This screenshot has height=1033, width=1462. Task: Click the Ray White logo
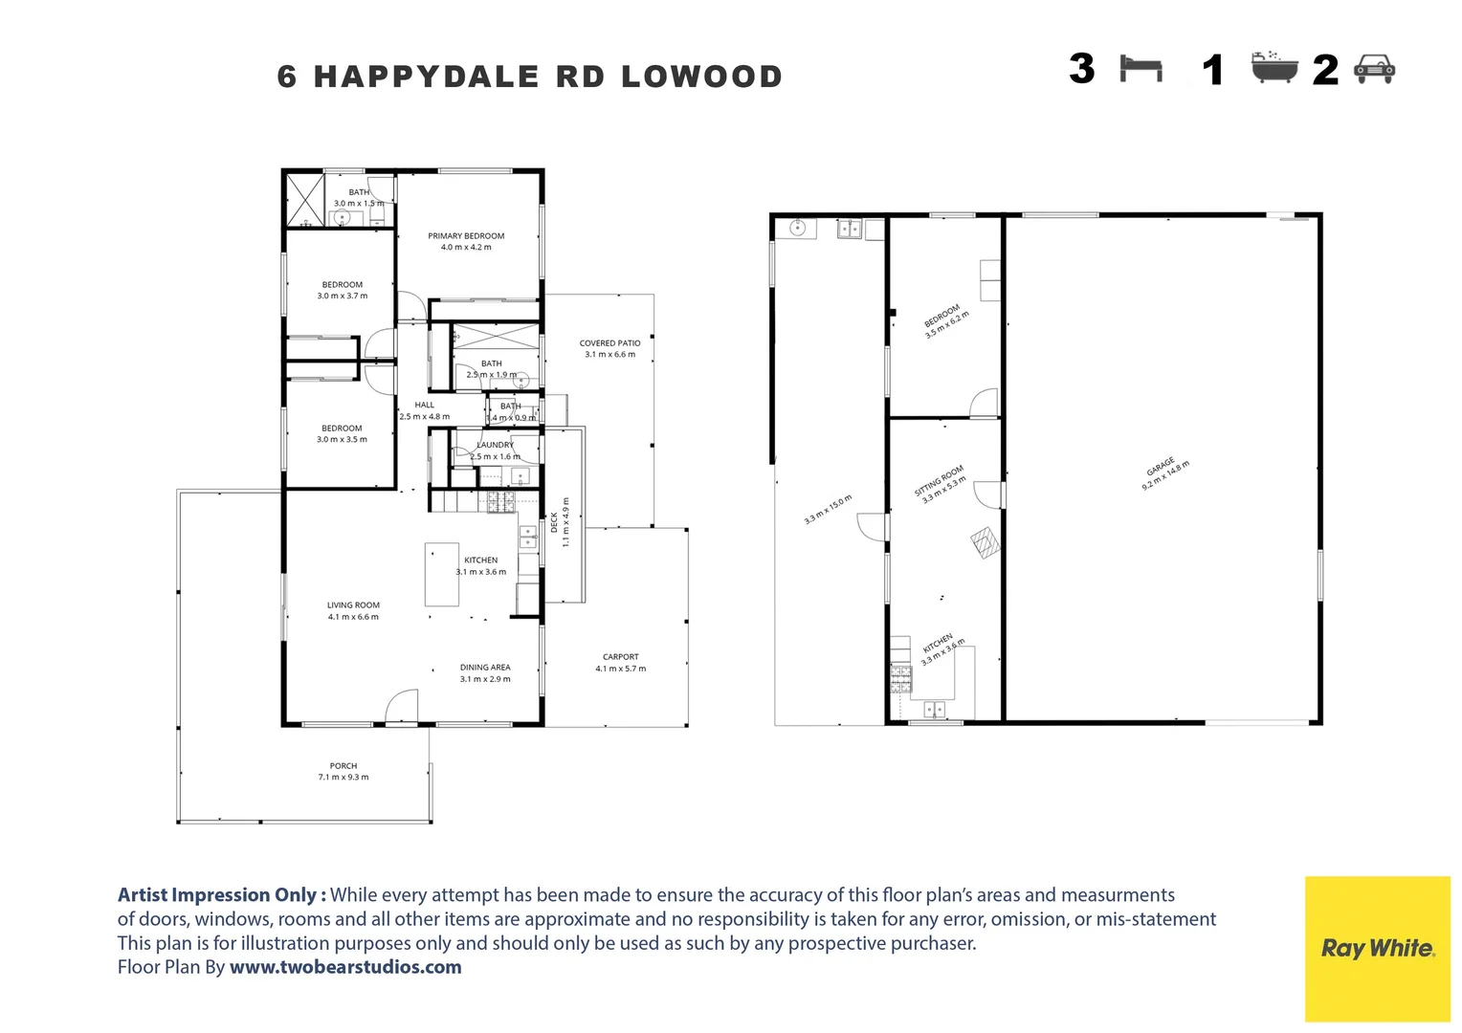1377,948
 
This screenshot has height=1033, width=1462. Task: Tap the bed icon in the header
1141,70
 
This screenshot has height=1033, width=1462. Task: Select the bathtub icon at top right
1274,68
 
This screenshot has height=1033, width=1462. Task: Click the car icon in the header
1375,69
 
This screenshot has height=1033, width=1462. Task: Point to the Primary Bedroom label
466,236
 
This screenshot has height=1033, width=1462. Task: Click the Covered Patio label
609,343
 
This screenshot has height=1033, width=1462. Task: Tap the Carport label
620,657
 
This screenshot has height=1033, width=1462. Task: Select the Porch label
343,766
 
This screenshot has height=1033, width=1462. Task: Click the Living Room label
353,605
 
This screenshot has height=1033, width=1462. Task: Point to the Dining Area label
485,668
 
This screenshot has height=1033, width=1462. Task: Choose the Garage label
1161,467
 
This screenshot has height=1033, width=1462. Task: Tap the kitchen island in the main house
442,574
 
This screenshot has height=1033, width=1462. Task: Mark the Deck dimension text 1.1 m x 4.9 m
565,522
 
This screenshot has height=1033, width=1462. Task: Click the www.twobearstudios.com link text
345,967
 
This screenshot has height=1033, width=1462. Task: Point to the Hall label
424,406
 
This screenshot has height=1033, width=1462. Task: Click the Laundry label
496,445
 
